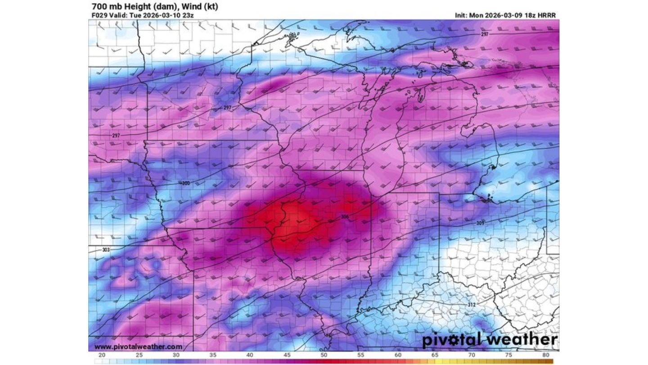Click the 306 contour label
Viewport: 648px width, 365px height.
pos(345,217)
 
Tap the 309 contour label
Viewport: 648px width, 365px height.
pos(480,224)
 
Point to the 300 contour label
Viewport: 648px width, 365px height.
pos(186,183)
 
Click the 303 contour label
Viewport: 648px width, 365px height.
pos(106,250)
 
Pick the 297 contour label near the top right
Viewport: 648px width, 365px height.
pos(485,35)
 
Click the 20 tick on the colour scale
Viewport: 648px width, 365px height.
pos(102,355)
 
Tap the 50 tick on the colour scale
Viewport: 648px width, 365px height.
pos(324,355)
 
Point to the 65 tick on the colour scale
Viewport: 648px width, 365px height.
pos(435,355)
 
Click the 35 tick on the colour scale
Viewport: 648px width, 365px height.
pos(213,355)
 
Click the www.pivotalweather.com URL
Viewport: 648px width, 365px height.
pos(139,347)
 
